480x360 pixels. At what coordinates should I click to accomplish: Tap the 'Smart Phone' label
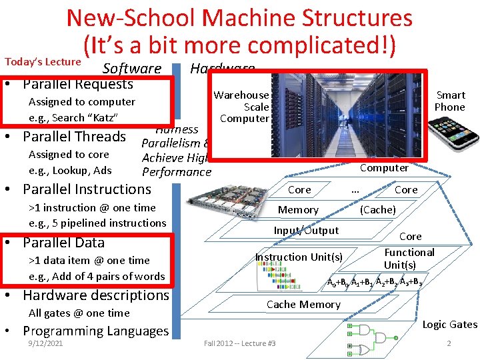pos(450,101)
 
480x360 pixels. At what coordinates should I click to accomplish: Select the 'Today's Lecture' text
pos(43,61)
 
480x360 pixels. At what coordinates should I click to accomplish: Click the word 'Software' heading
pos(132,69)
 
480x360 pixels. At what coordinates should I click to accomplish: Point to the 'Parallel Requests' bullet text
pos(78,84)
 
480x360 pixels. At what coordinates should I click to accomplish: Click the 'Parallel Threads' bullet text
pos(74,137)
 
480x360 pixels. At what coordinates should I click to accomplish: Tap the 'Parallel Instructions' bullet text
pos(87,189)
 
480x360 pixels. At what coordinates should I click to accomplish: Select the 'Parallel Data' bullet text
pos(63,242)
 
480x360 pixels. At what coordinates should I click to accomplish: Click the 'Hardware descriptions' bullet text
pos(96,295)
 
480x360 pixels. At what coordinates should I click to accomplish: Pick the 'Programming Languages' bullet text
pos(96,331)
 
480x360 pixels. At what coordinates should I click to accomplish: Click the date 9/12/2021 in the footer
pos(45,343)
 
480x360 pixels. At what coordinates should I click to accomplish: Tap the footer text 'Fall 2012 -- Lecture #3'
pos(240,343)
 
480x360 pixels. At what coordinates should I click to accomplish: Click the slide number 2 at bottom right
pos(449,343)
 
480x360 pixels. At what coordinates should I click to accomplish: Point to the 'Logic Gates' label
pos(450,325)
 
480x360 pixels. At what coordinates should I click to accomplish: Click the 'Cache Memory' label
pos(303,305)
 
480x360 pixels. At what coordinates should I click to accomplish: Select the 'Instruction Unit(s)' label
pos(299,257)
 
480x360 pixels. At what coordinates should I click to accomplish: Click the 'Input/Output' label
pos(306,231)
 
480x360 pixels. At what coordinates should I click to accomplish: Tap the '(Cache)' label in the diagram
pos(378,210)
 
